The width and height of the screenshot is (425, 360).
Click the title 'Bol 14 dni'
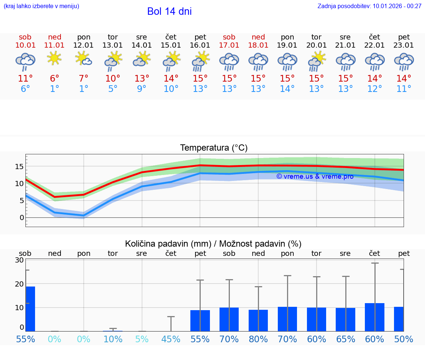(x=169, y=11)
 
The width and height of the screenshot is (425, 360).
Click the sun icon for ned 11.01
(x=55, y=58)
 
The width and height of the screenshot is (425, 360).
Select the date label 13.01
(x=113, y=45)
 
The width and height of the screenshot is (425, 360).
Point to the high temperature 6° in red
(x=55, y=79)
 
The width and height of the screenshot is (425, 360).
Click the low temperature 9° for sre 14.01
(x=142, y=89)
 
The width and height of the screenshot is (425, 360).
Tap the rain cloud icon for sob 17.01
(x=229, y=61)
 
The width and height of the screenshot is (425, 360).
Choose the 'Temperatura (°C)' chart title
(x=214, y=148)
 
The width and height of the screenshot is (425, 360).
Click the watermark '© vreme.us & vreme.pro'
(x=315, y=176)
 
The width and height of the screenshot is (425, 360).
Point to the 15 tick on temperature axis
(x=20, y=167)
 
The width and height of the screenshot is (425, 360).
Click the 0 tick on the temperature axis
(x=22, y=217)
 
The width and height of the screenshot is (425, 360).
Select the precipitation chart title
(x=213, y=244)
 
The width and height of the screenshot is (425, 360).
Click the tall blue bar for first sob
(x=30, y=309)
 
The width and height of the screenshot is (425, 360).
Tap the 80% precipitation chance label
(x=258, y=339)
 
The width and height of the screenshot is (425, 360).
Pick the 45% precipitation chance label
(x=171, y=339)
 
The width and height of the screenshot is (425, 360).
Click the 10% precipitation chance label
(x=113, y=339)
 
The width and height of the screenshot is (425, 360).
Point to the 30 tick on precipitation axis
(x=19, y=260)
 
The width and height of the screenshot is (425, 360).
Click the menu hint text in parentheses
(x=41, y=6)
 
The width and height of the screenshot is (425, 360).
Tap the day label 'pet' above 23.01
(x=404, y=37)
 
